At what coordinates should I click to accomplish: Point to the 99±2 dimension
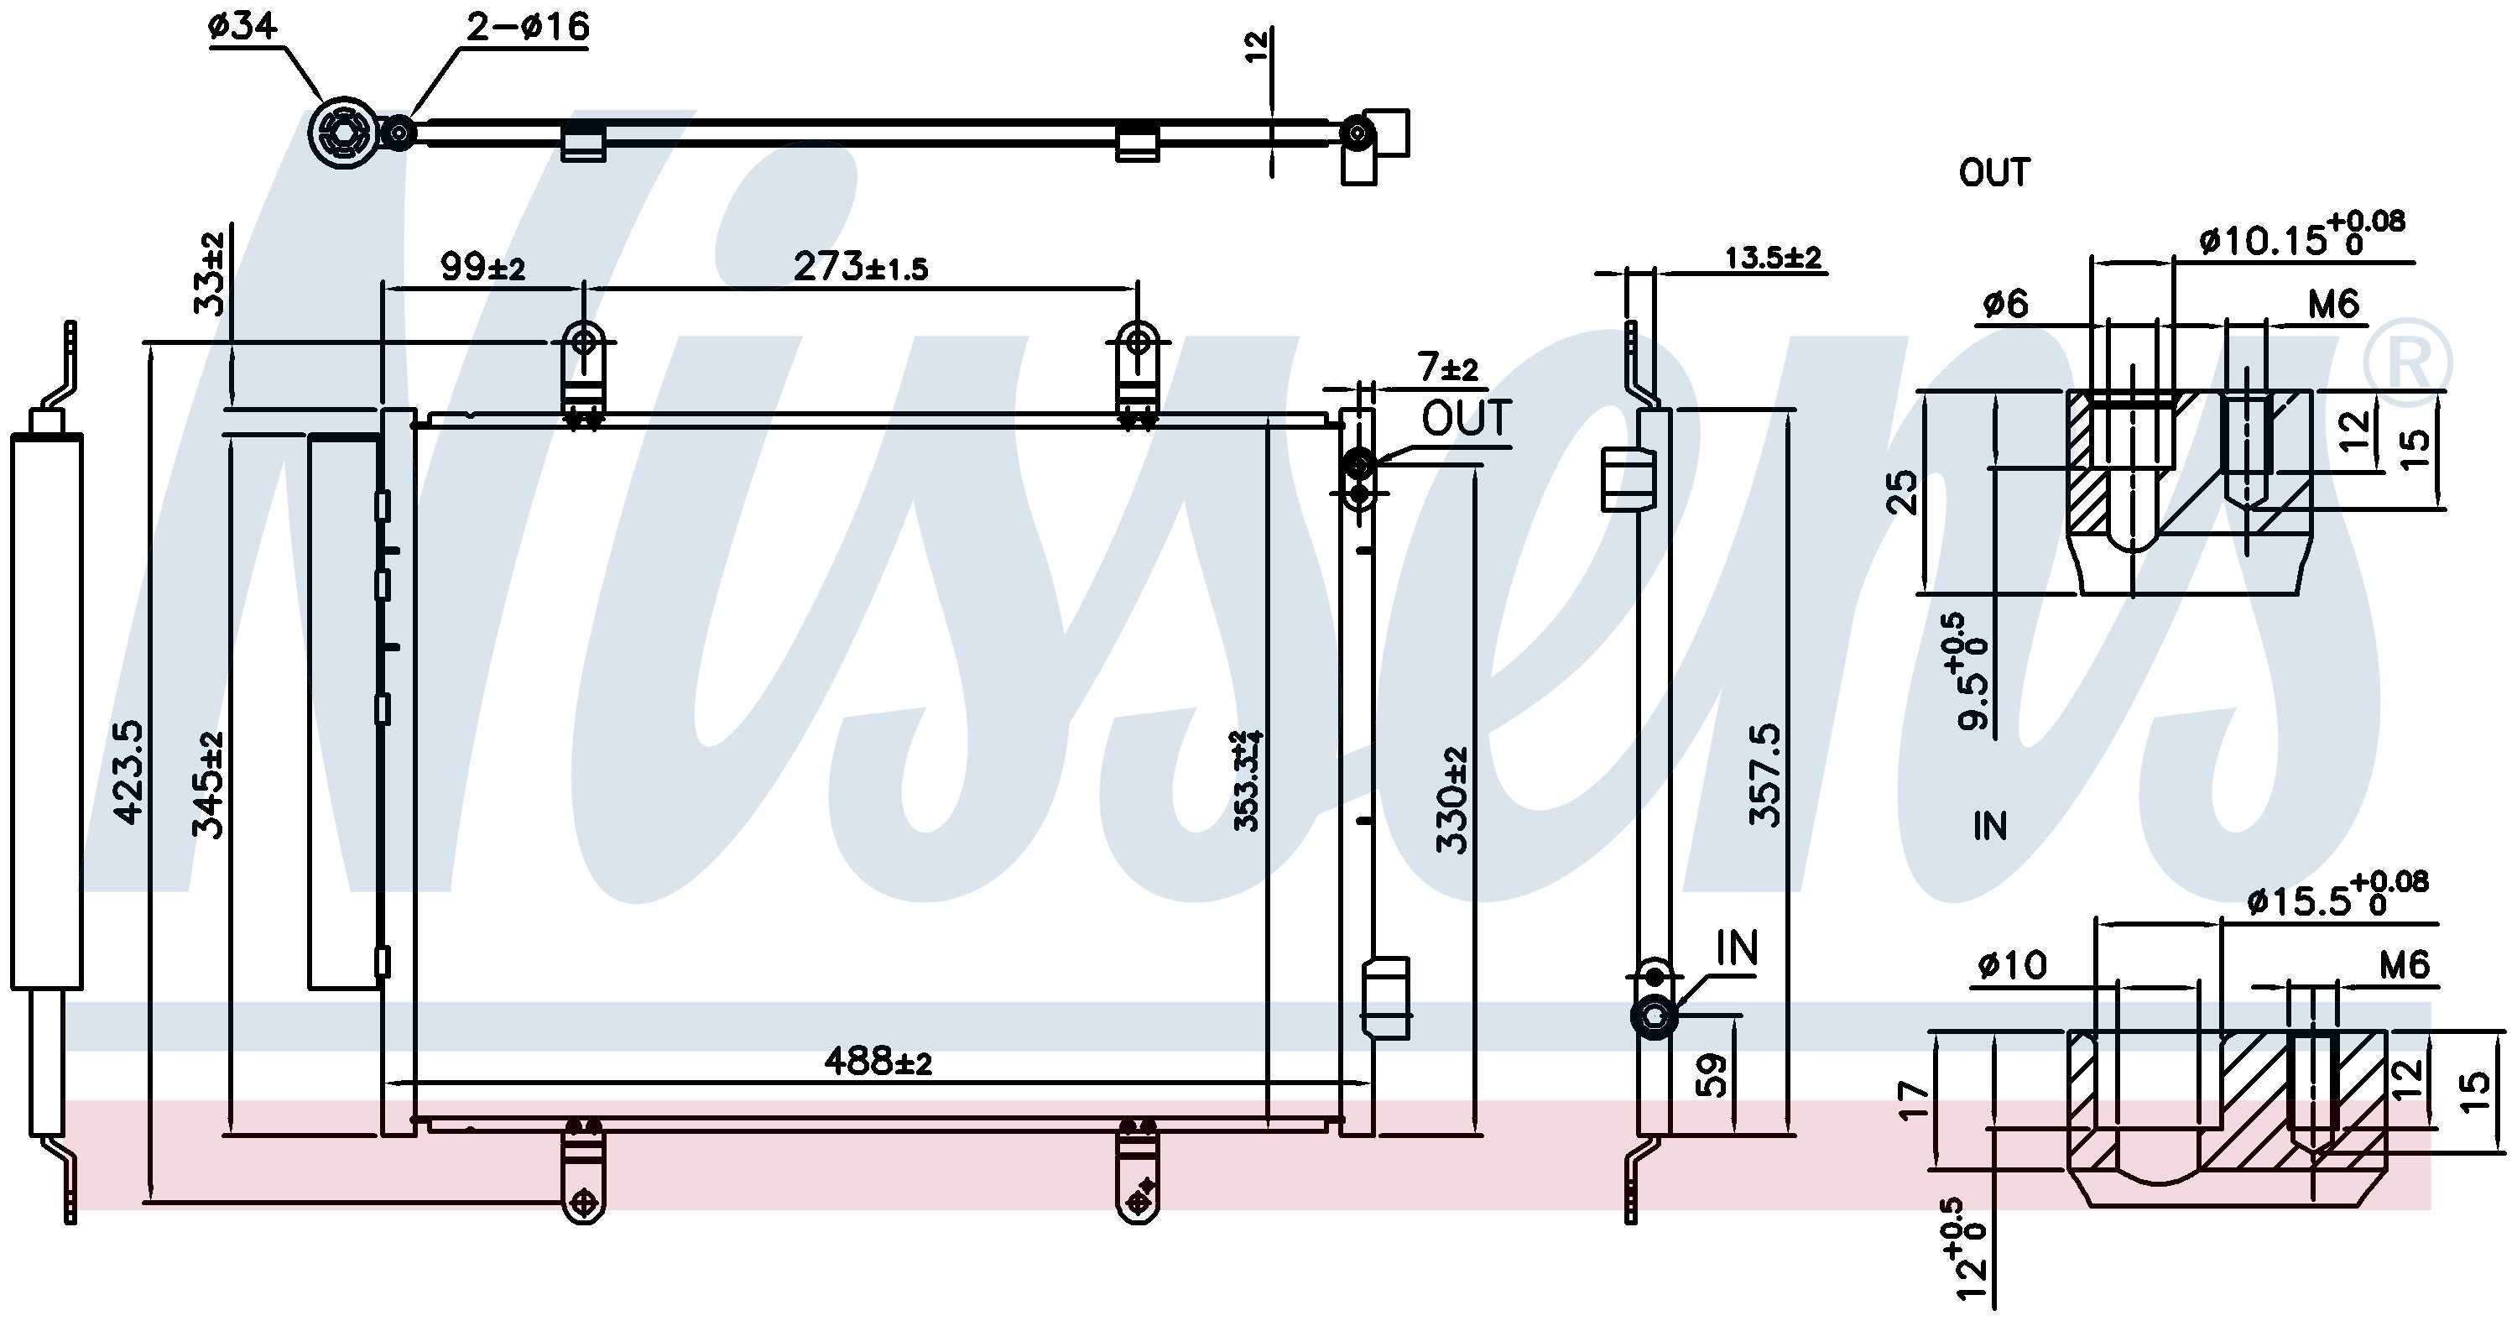482,266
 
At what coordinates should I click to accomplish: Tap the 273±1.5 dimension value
860,266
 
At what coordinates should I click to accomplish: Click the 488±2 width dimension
878,1060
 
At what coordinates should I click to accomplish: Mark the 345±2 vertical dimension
207,785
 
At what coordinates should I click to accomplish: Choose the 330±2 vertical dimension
1452,800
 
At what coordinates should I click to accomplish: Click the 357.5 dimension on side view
1764,775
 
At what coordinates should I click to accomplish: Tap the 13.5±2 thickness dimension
1773,258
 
